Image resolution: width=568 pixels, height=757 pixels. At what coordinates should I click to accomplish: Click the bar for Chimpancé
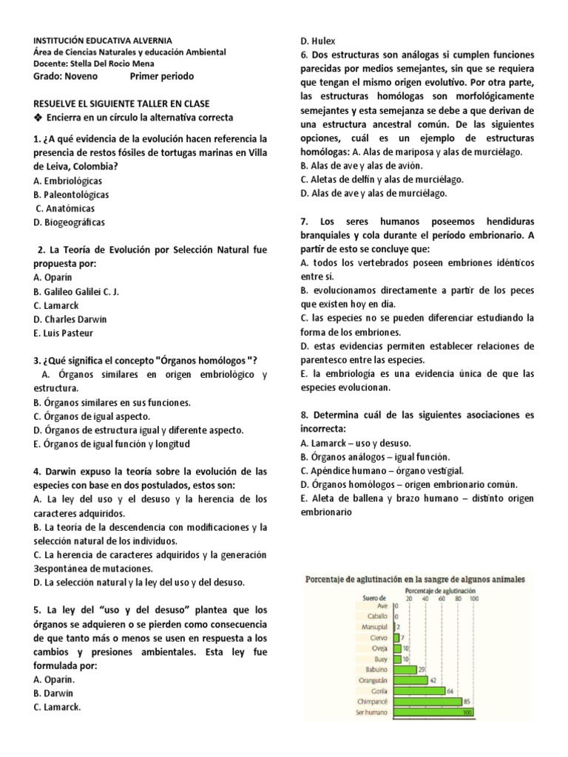click(x=428, y=701)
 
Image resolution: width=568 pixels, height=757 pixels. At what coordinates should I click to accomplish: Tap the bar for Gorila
click(x=419, y=690)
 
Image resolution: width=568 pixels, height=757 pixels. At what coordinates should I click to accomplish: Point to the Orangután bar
click(x=410, y=679)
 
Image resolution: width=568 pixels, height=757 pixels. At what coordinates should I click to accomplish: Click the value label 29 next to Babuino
click(x=422, y=669)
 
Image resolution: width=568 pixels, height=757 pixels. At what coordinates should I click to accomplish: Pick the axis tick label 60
click(x=442, y=598)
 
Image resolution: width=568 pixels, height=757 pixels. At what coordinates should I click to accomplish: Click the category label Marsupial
click(x=374, y=626)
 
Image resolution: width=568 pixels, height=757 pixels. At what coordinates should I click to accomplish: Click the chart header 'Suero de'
click(x=376, y=598)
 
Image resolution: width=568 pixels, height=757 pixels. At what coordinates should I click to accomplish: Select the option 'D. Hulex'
click(x=317, y=41)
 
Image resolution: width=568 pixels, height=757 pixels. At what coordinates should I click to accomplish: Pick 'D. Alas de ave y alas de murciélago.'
click(x=373, y=194)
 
